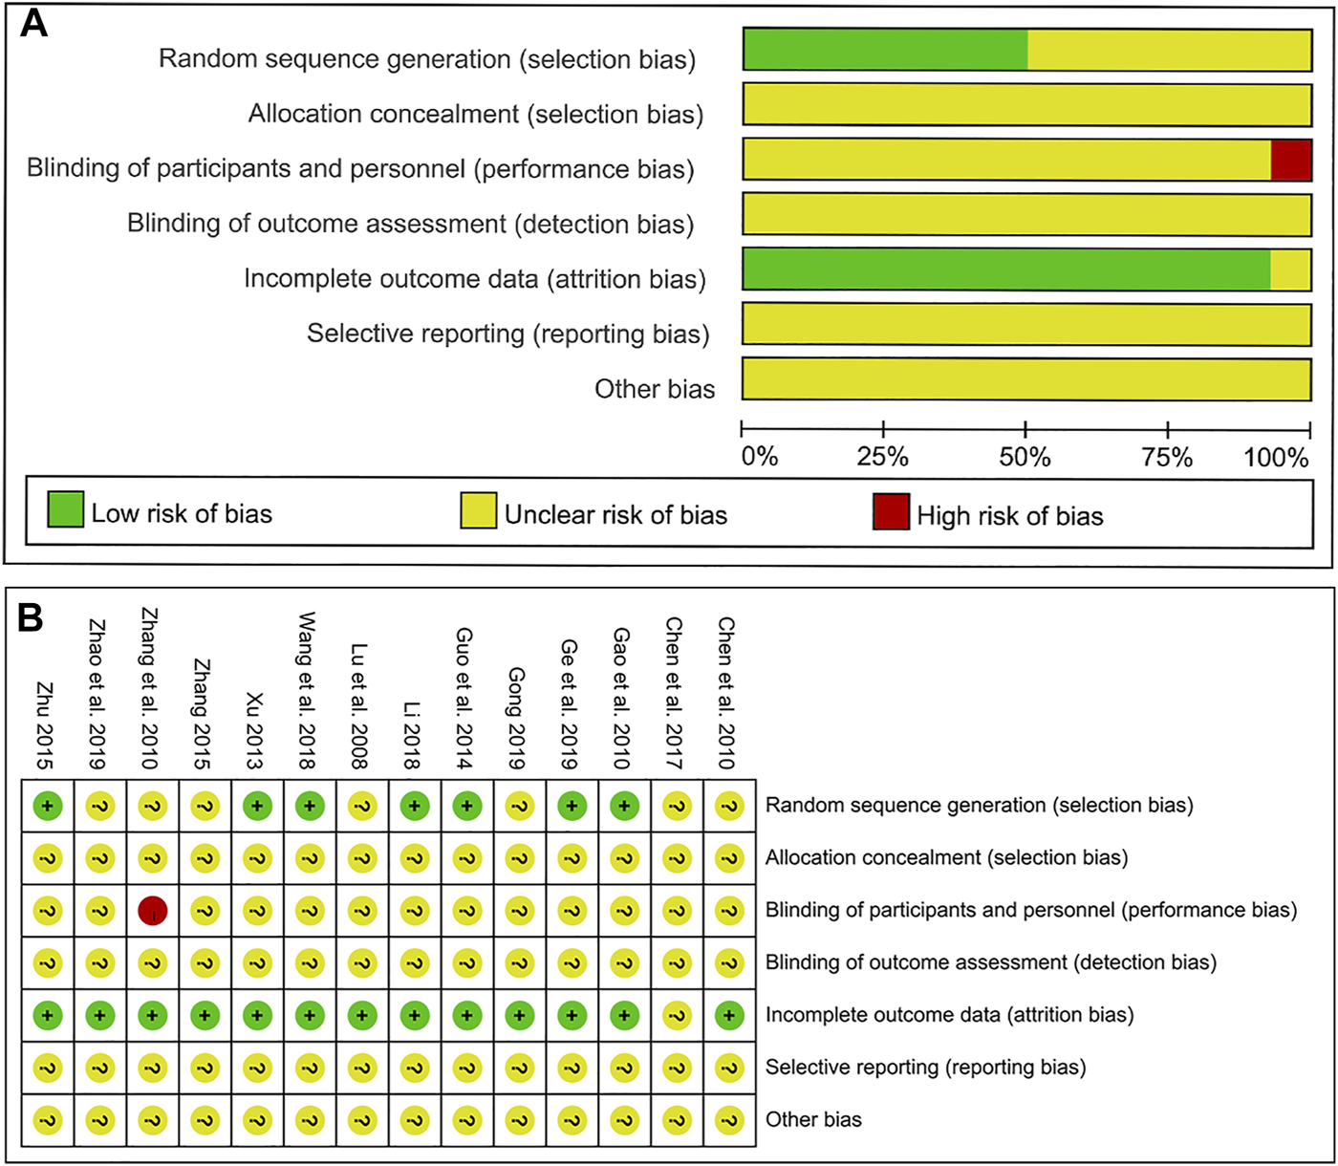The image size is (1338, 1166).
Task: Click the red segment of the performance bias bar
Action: (1290, 160)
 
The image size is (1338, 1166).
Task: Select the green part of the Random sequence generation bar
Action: (885, 50)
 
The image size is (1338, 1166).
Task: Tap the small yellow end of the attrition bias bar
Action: (1290, 270)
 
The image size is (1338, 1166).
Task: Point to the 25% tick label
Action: (882, 457)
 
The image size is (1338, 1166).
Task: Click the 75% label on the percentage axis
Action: (1167, 457)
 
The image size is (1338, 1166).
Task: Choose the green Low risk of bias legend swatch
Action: (65, 509)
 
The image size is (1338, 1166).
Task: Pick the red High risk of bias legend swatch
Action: (891, 511)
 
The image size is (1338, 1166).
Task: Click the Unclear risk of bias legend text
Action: (615, 515)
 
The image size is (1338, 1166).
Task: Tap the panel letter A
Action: (34, 23)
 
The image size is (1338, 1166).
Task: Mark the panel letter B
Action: (31, 618)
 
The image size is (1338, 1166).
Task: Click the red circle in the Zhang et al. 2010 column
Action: (153, 910)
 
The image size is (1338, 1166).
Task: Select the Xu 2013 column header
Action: (254, 730)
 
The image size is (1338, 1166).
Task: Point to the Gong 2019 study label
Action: (516, 718)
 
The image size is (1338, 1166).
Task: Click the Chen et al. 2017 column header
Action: (674, 693)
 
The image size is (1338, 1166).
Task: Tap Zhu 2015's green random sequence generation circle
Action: (48, 806)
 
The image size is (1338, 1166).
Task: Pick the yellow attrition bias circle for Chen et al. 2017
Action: (677, 1015)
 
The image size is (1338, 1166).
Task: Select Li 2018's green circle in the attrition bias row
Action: (415, 1015)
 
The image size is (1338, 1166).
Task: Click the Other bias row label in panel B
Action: (813, 1119)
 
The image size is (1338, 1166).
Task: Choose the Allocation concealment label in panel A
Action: (475, 114)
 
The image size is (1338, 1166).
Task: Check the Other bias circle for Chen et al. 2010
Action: (729, 1119)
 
